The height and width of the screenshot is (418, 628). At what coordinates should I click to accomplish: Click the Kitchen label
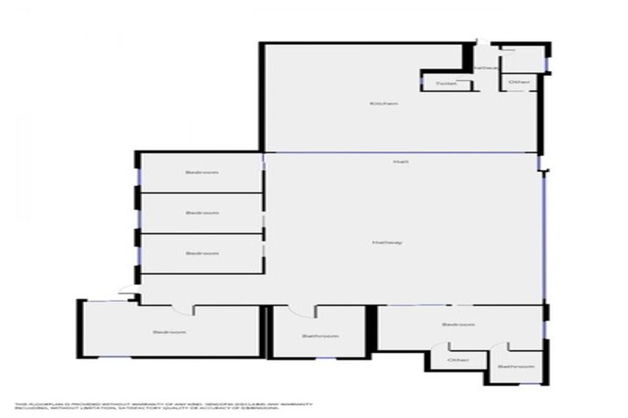383,104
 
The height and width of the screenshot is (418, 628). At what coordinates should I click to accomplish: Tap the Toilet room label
445,83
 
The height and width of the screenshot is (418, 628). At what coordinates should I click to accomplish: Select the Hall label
401,162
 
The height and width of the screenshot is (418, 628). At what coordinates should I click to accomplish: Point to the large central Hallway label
387,242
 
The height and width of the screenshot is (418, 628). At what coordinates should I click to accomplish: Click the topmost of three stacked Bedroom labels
201,172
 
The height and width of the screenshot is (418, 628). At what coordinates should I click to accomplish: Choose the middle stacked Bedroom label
201,212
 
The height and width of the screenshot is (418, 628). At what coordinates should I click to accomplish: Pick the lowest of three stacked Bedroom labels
201,253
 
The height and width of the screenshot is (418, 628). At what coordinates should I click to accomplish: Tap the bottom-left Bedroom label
169,332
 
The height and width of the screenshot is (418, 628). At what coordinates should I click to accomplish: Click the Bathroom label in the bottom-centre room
320,336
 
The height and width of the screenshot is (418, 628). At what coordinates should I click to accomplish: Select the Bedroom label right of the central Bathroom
458,325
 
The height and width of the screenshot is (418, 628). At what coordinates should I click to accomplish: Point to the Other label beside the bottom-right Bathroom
458,360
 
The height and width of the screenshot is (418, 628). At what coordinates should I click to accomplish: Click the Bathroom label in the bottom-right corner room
514,367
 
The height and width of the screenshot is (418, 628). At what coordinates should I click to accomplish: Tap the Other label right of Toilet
518,82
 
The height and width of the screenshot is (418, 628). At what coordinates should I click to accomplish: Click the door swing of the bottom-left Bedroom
186,309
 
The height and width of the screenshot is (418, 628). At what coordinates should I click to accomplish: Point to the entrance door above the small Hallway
483,42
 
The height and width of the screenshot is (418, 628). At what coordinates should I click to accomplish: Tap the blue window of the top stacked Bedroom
137,174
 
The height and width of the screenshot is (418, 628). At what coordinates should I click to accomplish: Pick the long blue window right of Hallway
544,237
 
